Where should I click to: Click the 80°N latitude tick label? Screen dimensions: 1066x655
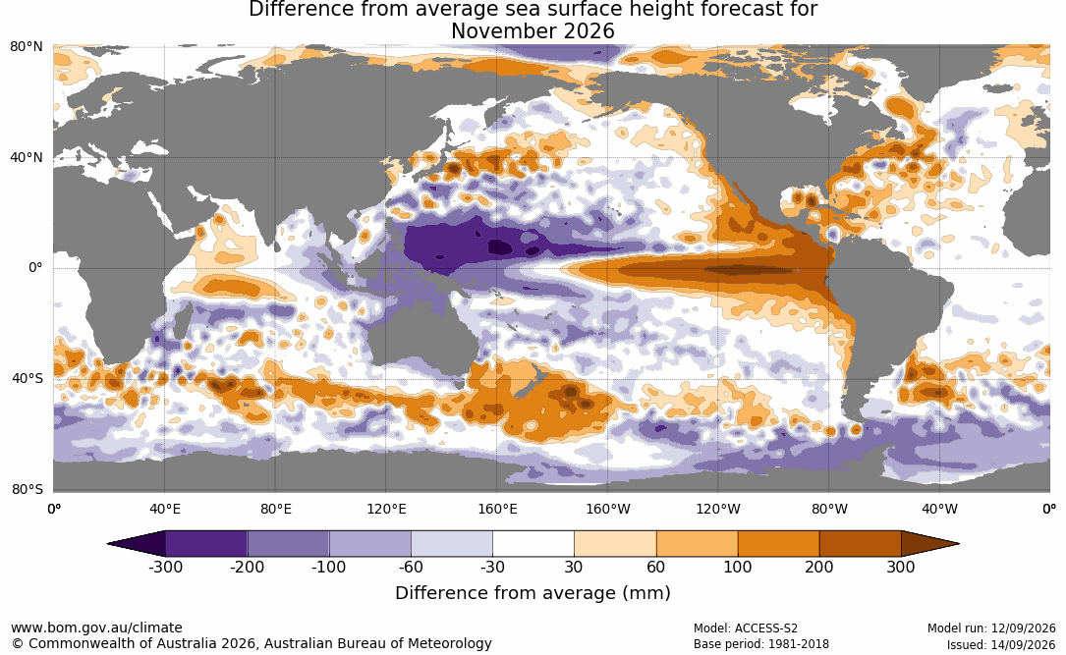pyautogui.click(x=27, y=47)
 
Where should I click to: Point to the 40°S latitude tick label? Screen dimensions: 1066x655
pyautogui.click(x=27, y=378)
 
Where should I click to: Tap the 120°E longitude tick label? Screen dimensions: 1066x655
pyautogui.click(x=386, y=509)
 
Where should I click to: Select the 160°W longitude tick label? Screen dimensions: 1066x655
pyautogui.click(x=608, y=509)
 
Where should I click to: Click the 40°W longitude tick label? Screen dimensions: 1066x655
pyautogui.click(x=939, y=509)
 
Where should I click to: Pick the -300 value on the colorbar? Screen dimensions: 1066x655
pyautogui.click(x=165, y=567)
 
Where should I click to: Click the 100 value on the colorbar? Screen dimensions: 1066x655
pyautogui.click(x=738, y=567)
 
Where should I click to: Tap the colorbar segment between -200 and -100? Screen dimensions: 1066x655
pyautogui.click(x=288, y=544)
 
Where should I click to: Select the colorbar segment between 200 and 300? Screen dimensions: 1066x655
pyautogui.click(x=860, y=544)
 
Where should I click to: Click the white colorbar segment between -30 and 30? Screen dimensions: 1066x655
pyautogui.click(x=533, y=544)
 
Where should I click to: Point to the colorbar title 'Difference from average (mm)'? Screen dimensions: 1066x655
pyautogui.click(x=533, y=593)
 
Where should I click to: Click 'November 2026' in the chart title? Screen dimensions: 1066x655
pyautogui.click(x=533, y=31)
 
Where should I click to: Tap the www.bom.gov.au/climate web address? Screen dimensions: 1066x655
pyautogui.click(x=96, y=628)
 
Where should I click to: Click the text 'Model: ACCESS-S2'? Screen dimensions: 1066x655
pyautogui.click(x=746, y=628)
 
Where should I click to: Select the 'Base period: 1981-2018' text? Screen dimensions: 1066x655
pyautogui.click(x=761, y=644)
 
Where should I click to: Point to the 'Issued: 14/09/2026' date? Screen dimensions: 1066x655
pyautogui.click(x=1001, y=644)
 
